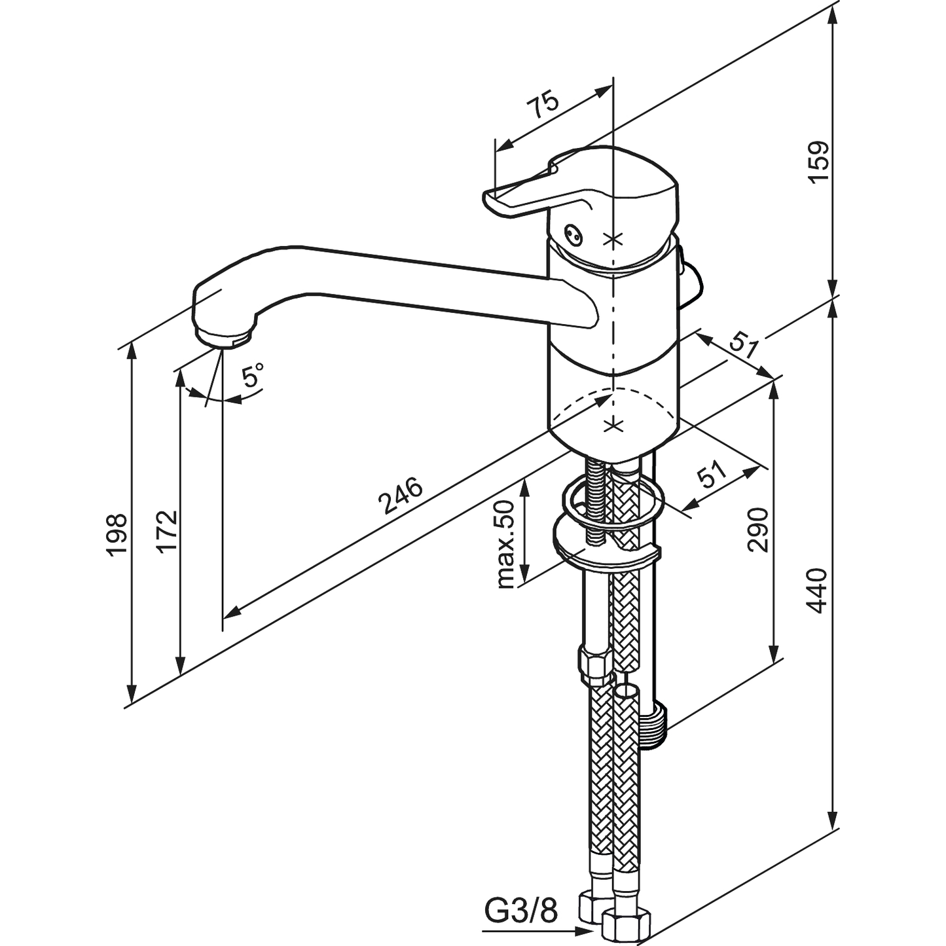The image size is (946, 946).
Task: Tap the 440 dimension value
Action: point(818,591)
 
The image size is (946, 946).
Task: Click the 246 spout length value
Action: point(401,494)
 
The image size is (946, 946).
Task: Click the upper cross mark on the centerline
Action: point(613,240)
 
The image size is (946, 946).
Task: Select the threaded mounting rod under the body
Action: point(596,501)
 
